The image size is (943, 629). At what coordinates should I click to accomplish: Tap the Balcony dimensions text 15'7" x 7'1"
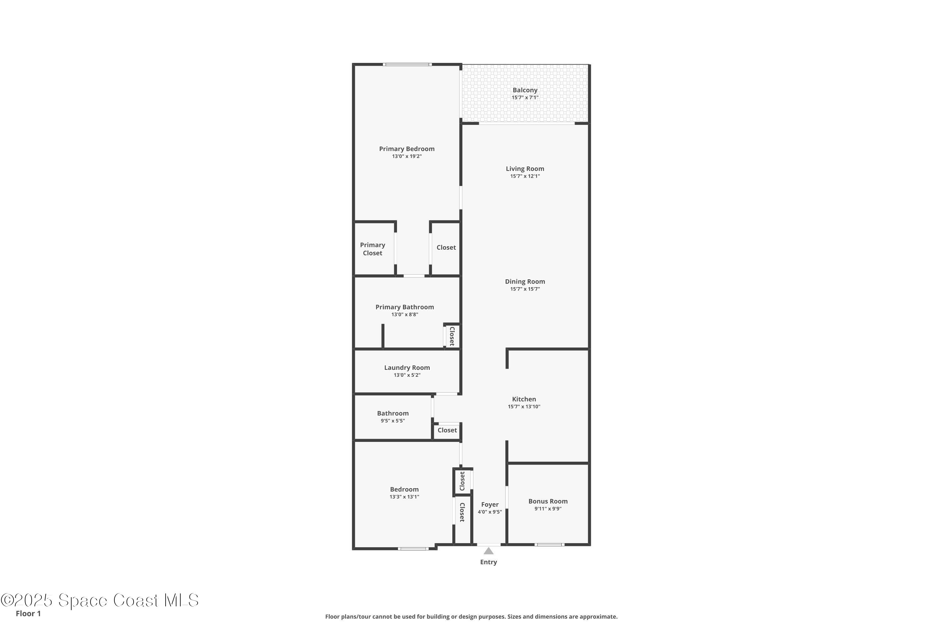point(525,97)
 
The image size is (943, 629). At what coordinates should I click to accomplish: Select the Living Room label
point(525,169)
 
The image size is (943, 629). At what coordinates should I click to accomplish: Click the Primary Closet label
point(372,249)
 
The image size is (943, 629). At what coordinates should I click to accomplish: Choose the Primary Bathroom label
point(405,307)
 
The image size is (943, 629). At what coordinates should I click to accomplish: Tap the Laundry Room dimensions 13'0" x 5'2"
point(407,375)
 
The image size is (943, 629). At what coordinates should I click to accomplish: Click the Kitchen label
point(524,399)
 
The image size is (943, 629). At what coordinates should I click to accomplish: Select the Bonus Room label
point(548,501)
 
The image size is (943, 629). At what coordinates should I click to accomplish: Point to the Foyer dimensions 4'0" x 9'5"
point(489,512)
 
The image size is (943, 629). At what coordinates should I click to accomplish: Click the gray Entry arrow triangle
point(488,551)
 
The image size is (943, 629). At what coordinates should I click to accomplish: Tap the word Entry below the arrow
point(488,562)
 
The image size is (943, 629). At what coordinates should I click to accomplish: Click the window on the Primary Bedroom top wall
point(407,64)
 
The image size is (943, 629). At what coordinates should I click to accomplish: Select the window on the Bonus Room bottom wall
point(549,544)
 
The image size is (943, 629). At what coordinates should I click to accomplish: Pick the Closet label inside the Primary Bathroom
point(452,336)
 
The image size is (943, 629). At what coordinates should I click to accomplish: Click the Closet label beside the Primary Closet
point(446,248)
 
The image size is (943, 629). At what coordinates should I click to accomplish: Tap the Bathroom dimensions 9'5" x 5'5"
point(393,421)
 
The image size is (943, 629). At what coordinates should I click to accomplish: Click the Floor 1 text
point(28,613)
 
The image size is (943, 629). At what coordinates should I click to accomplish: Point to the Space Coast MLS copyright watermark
point(100,600)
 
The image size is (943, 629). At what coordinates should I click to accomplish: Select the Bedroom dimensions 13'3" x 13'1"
point(404,497)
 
